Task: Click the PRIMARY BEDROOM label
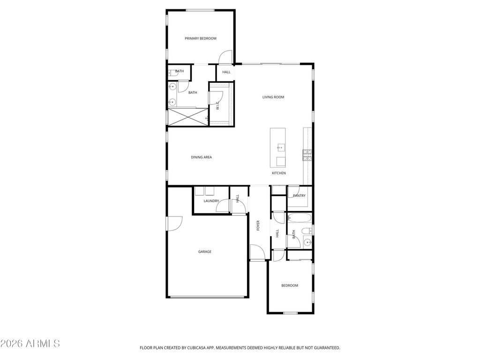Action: pos(200,38)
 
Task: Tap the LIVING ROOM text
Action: pos(273,97)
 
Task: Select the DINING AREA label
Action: pos(201,157)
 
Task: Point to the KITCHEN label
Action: pos(279,173)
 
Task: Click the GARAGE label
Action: pos(204,252)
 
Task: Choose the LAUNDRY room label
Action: pos(211,201)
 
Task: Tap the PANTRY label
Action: pos(299,196)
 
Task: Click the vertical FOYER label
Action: pos(258,225)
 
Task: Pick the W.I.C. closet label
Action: pos(218,106)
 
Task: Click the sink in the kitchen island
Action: pos(280,148)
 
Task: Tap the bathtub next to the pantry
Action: pos(300,218)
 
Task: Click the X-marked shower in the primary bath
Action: pos(187,116)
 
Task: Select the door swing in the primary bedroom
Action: pos(225,57)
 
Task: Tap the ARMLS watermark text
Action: pos(30,344)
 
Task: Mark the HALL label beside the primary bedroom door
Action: pos(226,72)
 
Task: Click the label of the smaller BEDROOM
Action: pos(289,285)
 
